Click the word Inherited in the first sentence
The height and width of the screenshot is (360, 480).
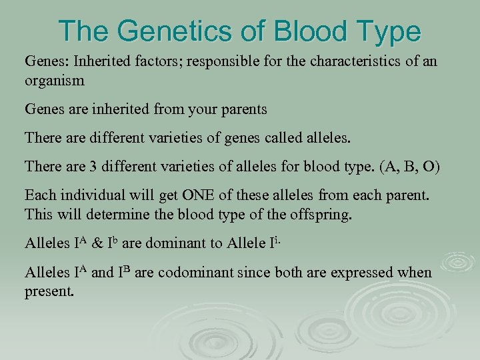point(100,62)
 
